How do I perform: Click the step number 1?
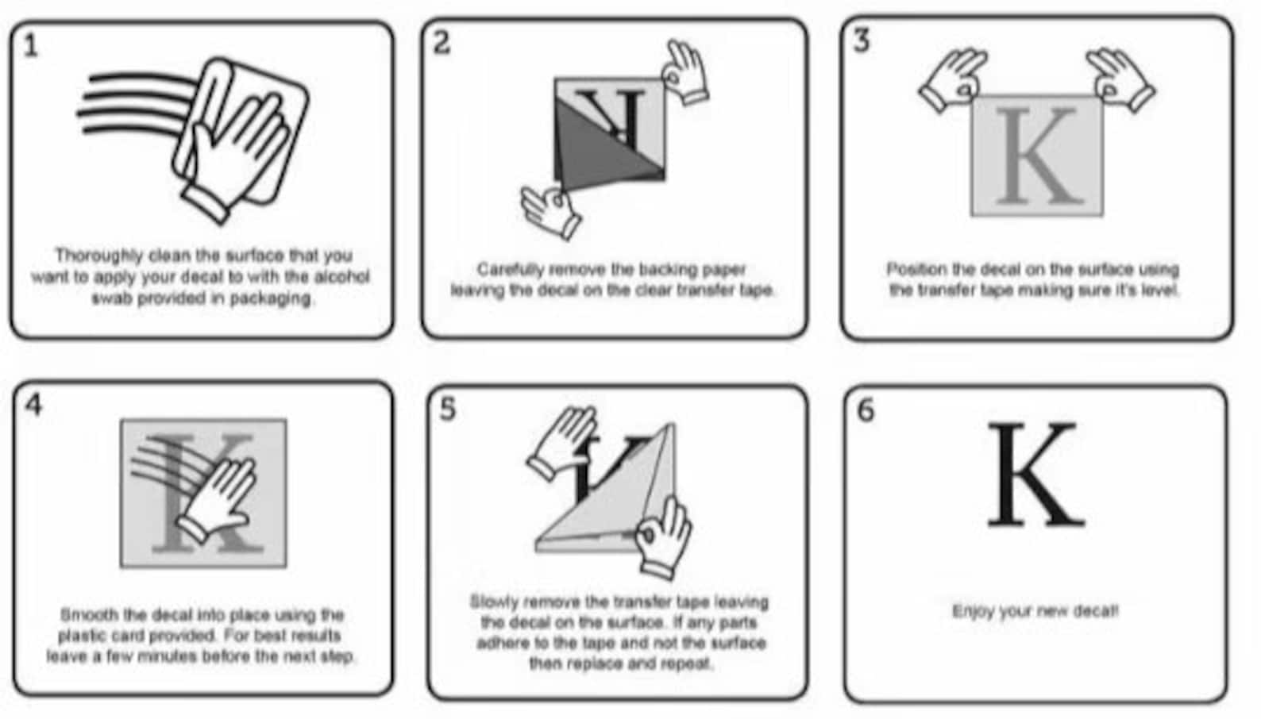pyautogui.click(x=31, y=45)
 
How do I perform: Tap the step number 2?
pyautogui.click(x=442, y=42)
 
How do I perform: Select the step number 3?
pyautogui.click(x=862, y=40)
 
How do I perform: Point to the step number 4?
pyautogui.click(x=34, y=404)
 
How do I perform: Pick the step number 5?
pyautogui.click(x=448, y=409)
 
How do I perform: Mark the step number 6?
pyautogui.click(x=866, y=409)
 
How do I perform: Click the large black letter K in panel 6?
pyautogui.click(x=1035, y=475)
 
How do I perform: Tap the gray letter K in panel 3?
pyautogui.click(x=1037, y=156)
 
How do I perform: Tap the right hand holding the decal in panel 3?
pyautogui.click(x=1120, y=79)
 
